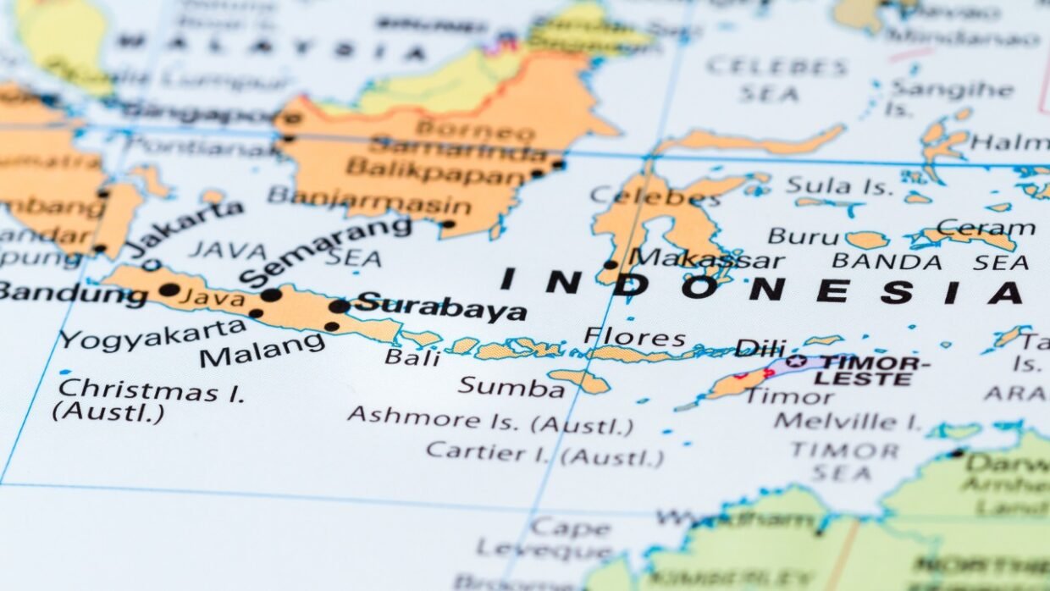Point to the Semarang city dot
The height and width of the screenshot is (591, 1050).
(271, 295)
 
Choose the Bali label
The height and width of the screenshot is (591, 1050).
(412, 356)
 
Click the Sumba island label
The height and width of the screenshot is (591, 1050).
(511, 387)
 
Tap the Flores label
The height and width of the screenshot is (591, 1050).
(634, 337)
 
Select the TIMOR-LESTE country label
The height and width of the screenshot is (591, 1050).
(871, 370)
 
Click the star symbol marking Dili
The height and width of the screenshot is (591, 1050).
(795, 362)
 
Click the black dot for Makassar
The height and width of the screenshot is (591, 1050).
(610, 264)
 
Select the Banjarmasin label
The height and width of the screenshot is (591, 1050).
(369, 201)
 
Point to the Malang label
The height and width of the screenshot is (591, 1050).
(262, 349)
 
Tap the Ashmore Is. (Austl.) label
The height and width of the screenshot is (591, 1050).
(489, 419)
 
